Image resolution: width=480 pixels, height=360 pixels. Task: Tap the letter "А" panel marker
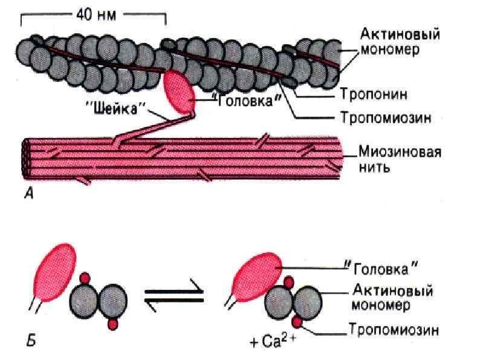click(x=26, y=196)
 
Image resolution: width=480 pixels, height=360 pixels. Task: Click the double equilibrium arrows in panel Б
click(x=172, y=297)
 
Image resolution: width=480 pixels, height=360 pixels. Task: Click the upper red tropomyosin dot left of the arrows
click(x=85, y=278)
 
